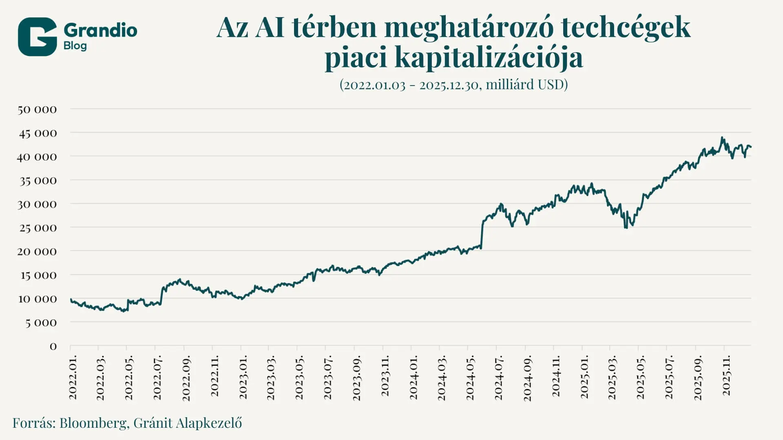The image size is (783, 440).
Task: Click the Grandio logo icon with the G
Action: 37,37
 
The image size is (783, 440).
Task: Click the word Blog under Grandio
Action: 75,46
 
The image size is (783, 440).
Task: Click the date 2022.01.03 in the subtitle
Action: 372,85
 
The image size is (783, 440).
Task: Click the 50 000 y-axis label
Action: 37,109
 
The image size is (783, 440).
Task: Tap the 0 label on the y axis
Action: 53,346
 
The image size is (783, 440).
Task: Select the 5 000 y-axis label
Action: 41,323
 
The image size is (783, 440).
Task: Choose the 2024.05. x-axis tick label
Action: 470,378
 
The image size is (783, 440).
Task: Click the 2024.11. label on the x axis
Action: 555,376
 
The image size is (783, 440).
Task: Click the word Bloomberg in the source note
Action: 93,423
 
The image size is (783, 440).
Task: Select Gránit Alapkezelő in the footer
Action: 188,423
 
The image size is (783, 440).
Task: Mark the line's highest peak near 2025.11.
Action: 722,138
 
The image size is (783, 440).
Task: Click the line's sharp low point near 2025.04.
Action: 626,227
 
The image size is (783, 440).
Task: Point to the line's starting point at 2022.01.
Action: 71,299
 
